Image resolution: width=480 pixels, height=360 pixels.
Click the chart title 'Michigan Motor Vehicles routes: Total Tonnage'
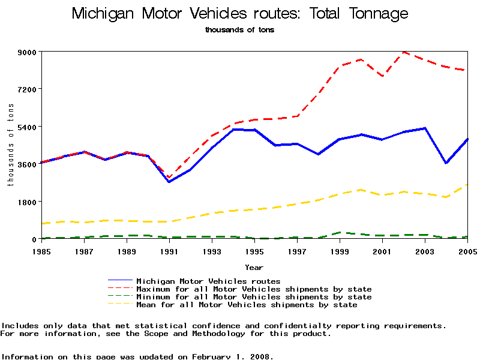point(239,14)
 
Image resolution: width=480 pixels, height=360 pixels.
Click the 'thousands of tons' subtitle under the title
point(239,29)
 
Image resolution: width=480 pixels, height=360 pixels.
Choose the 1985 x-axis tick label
point(41,250)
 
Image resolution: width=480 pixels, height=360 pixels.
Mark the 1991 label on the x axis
point(169,250)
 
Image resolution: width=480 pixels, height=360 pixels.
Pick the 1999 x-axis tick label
point(340,250)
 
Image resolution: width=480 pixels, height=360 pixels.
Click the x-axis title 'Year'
point(254,267)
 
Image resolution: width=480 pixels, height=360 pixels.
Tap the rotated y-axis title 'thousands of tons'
point(11,145)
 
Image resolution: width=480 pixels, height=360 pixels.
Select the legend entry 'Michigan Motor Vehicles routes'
point(208,281)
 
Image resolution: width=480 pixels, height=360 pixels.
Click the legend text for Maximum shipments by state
point(254,289)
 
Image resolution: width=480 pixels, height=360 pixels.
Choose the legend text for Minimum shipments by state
point(254,297)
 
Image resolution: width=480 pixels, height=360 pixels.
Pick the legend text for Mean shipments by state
point(247,305)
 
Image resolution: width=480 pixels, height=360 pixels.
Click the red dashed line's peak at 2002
point(404,52)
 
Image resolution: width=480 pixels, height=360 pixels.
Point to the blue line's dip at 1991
point(169,182)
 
